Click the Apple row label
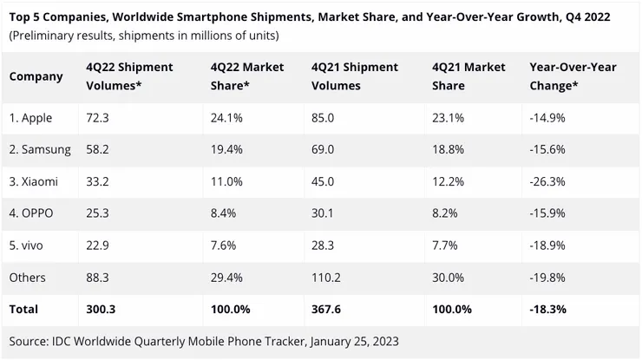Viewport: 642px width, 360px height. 31,118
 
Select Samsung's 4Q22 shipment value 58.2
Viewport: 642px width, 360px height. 99,150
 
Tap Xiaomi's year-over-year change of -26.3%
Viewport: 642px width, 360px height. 547,182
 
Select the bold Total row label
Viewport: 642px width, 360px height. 24,309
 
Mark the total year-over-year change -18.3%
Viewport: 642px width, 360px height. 548,309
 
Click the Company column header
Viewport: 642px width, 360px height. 36,76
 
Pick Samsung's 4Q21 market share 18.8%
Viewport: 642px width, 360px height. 448,150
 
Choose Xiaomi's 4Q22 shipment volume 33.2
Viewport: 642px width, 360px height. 99,182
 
